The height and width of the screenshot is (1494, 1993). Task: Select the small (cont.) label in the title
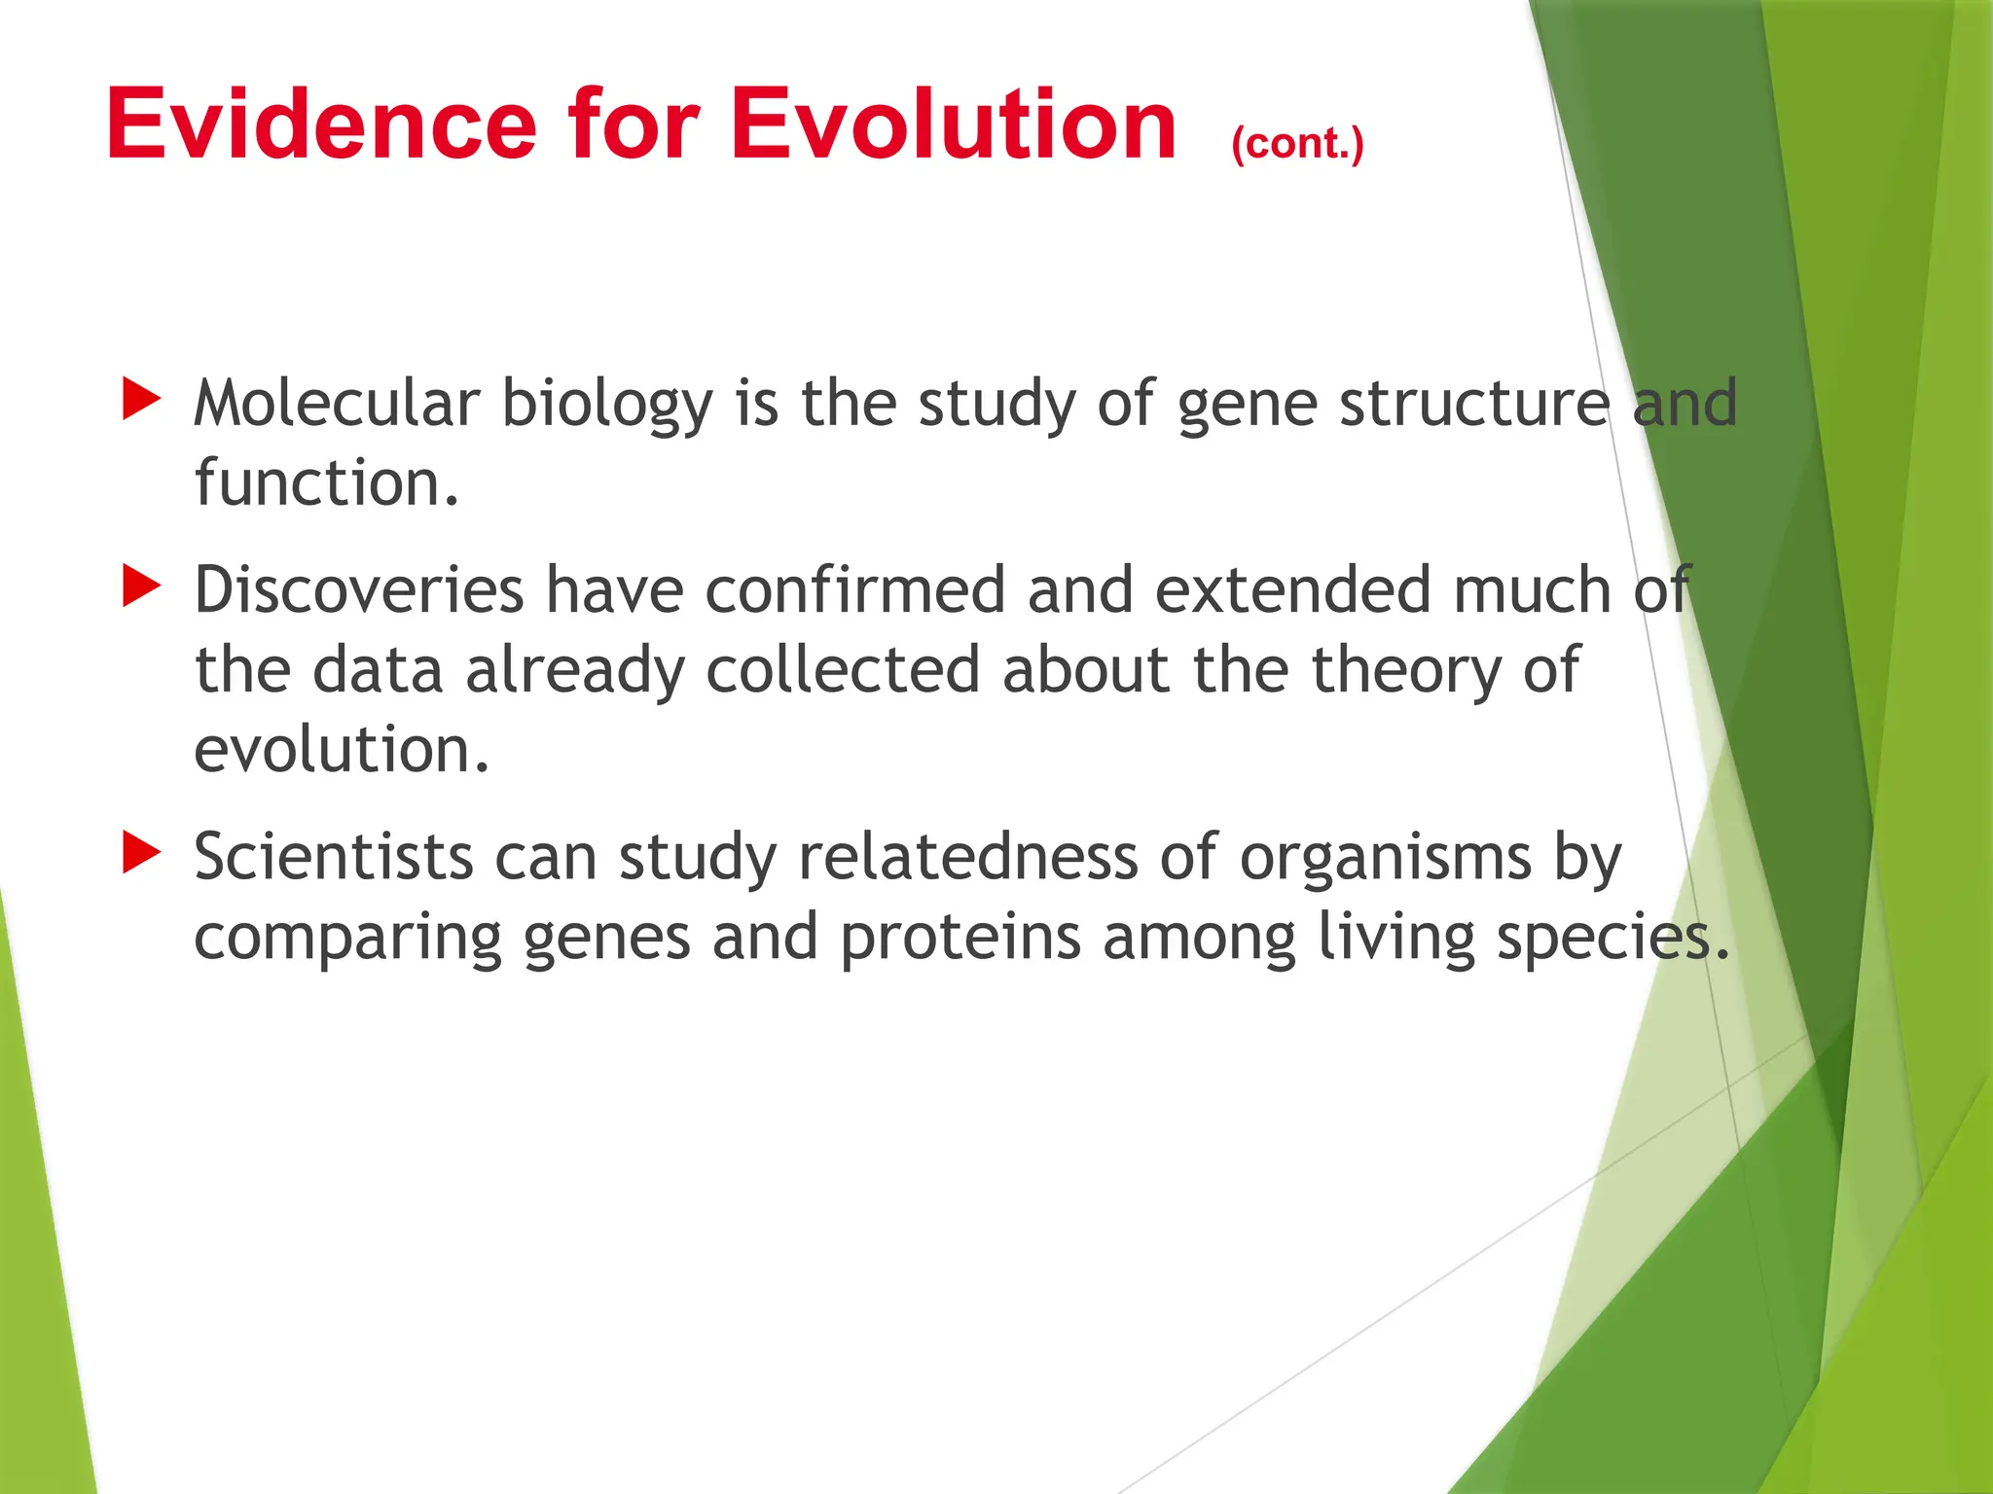point(1297,144)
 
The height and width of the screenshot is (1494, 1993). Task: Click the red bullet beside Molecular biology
point(141,400)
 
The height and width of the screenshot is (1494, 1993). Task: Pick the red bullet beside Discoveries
point(141,587)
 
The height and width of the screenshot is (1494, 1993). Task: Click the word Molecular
point(337,403)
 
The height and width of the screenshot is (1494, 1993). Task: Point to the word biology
point(607,405)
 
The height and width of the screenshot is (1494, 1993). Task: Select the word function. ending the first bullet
point(326,482)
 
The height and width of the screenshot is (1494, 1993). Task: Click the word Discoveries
point(359,589)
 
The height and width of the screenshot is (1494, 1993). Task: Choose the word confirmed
point(854,589)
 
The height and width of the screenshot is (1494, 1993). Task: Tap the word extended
point(1293,589)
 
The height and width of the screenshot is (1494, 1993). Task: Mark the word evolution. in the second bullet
point(342,750)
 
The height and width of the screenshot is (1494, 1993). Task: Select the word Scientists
point(333,857)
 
